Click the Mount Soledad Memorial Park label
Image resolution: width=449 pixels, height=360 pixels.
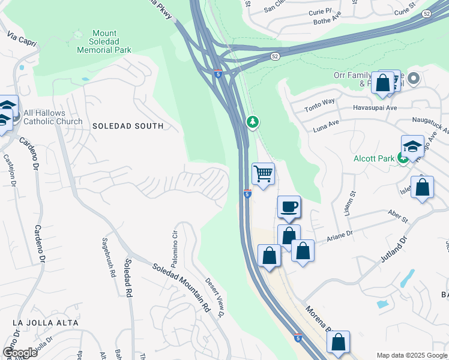click(104, 42)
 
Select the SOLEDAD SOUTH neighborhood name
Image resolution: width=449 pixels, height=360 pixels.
click(127, 126)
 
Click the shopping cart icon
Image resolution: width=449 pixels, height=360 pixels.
click(263, 174)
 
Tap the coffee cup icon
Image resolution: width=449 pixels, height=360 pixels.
click(289, 207)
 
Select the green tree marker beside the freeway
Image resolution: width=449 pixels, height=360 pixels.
click(253, 122)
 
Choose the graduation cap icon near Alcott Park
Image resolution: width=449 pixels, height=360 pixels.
click(412, 146)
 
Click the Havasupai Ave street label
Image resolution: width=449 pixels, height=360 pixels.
click(375, 108)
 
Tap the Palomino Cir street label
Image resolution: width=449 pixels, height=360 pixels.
click(175, 247)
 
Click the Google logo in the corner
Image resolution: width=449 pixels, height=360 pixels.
click(20, 352)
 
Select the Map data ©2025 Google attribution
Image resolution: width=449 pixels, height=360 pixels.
click(411, 355)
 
